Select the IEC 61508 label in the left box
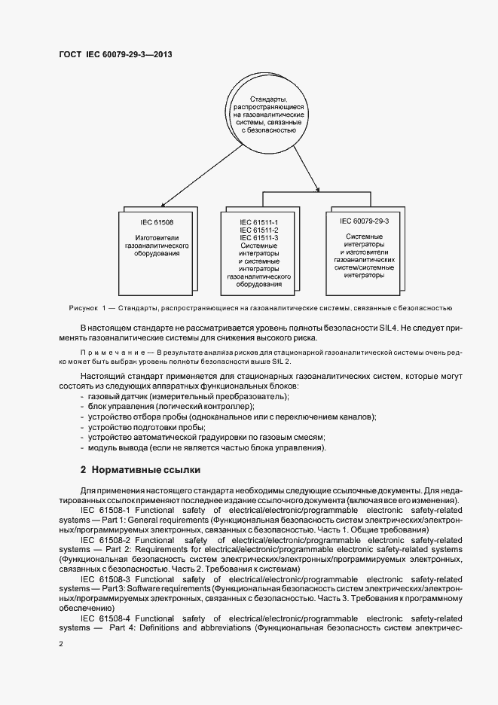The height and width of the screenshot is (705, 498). (x=157, y=222)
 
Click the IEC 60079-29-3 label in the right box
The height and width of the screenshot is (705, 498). (x=364, y=222)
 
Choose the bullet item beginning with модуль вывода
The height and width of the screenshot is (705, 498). (x=206, y=448)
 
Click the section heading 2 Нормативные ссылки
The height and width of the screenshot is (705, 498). (x=140, y=470)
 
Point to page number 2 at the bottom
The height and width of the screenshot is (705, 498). (x=61, y=645)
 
